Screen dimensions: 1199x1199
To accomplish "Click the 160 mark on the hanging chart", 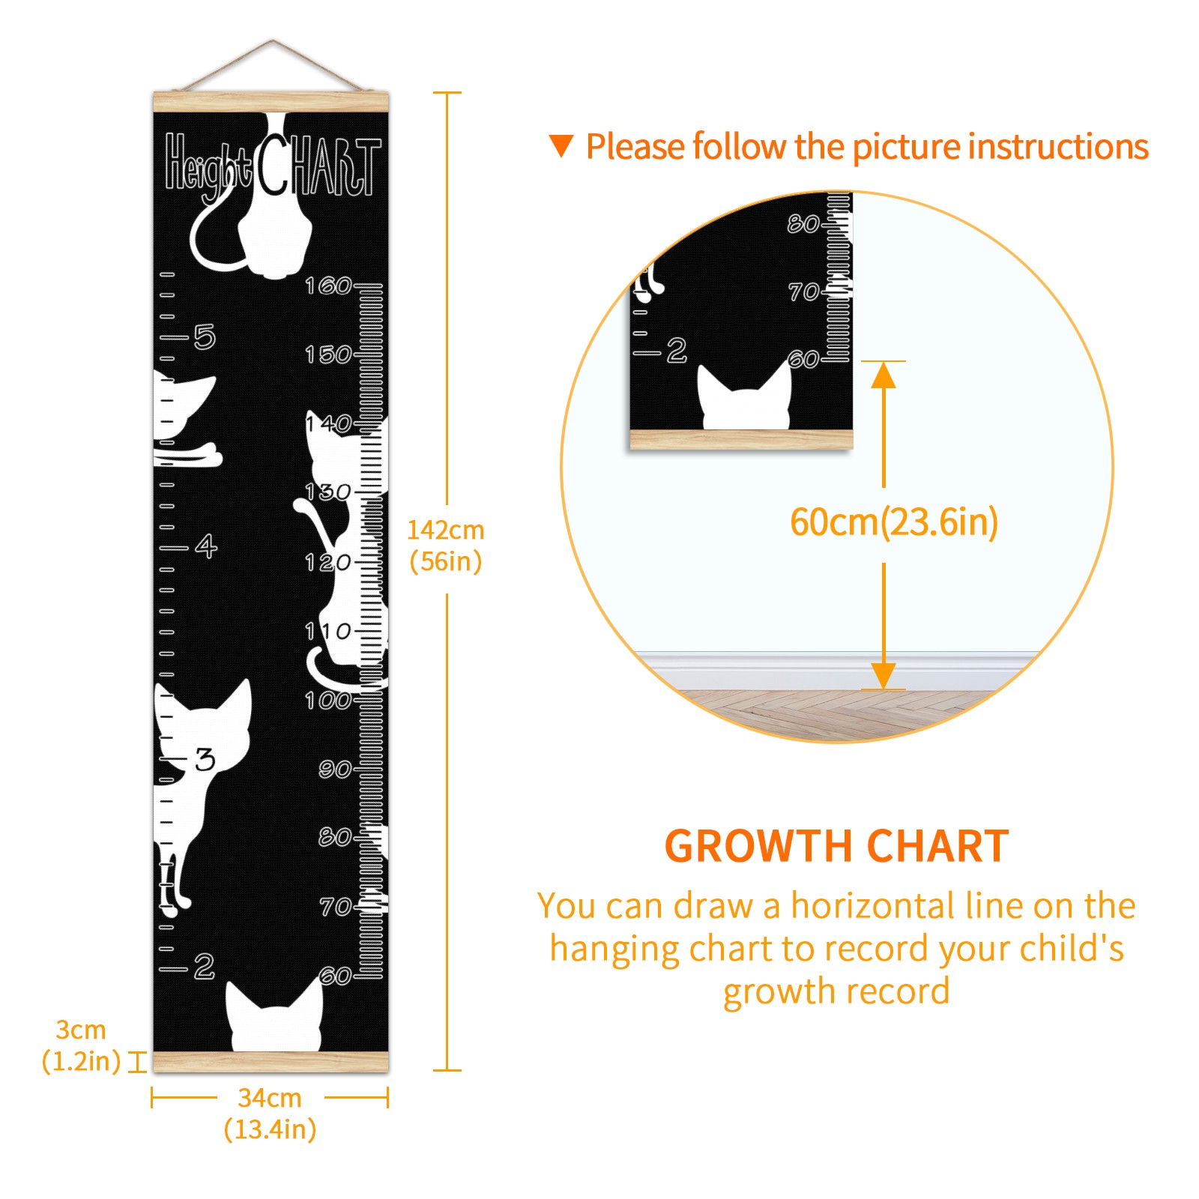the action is pyautogui.click(x=327, y=286).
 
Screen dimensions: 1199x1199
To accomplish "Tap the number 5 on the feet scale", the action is pyautogui.click(x=205, y=337).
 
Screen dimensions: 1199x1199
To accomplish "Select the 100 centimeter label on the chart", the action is pyautogui.click(x=327, y=701).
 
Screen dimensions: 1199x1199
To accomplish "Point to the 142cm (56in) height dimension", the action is pyautogui.click(x=446, y=546).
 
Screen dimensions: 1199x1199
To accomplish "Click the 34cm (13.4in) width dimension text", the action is pyautogui.click(x=270, y=1114).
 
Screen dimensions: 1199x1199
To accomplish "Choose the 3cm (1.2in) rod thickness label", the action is pyautogui.click(x=81, y=1045).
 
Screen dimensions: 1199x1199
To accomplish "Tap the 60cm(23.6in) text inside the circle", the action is pyautogui.click(x=894, y=522).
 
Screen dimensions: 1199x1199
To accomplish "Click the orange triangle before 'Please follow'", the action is pyautogui.click(x=561, y=146).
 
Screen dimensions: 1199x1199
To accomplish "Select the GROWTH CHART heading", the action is pyautogui.click(x=837, y=846).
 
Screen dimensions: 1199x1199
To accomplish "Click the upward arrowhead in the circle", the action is pyautogui.click(x=884, y=375).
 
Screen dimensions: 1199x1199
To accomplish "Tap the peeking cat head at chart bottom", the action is pyautogui.click(x=274, y=1015).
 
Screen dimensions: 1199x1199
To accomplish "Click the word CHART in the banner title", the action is pyautogui.click(x=319, y=166).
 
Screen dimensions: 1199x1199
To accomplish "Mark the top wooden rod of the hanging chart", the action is pyautogui.click(x=271, y=101).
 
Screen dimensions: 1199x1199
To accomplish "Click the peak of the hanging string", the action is pyautogui.click(x=273, y=40).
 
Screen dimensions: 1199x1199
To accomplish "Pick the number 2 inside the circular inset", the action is pyautogui.click(x=677, y=350).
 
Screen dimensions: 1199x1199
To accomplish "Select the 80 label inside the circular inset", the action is pyautogui.click(x=803, y=223).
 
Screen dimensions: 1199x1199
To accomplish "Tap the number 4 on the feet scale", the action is pyautogui.click(x=206, y=546).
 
